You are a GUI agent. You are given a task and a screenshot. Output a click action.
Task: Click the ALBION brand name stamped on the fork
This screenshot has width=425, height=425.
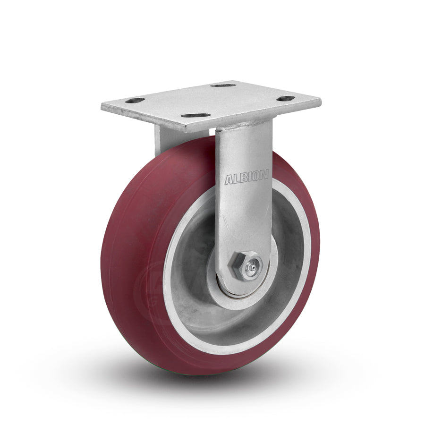[x=246, y=178]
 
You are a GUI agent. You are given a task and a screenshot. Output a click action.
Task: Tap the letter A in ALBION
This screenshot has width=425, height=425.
[x=229, y=180]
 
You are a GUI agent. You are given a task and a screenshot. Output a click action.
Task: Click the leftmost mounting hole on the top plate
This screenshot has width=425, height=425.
[x=135, y=101]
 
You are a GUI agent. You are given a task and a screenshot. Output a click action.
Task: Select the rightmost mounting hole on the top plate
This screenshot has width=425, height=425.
[x=286, y=99]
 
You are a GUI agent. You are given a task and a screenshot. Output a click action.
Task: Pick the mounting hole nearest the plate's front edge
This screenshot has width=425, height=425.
[x=195, y=115]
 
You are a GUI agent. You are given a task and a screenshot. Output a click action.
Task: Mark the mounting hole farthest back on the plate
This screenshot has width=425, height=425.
[x=223, y=85]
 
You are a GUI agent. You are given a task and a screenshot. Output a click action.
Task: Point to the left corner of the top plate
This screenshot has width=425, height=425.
[x=102, y=107]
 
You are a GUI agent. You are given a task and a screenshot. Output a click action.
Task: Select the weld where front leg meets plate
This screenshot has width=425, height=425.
[x=243, y=124]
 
